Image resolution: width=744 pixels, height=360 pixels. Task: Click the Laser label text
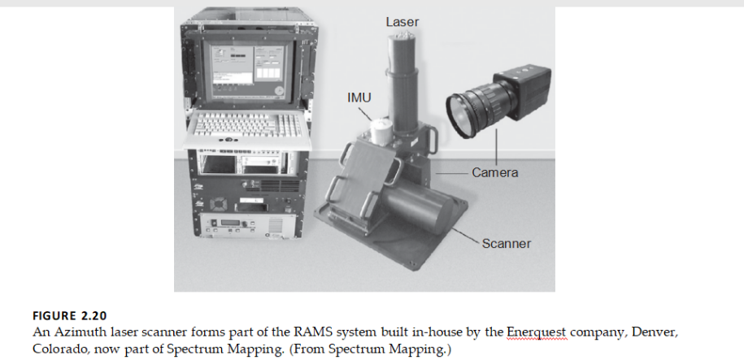tap(402, 22)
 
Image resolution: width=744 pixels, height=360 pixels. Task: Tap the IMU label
tap(359, 98)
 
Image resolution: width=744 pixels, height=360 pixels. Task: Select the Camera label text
tap(494, 173)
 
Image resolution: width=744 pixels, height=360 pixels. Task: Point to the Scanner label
tap(506, 243)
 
